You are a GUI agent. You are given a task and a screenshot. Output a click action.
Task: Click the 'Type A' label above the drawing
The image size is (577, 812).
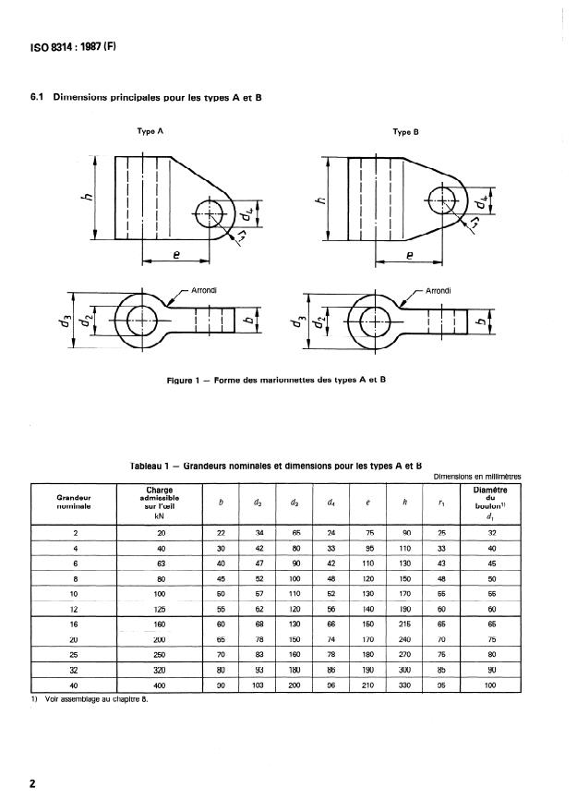coord(150,132)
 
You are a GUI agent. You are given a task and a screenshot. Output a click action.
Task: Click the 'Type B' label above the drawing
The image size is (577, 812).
coord(406,132)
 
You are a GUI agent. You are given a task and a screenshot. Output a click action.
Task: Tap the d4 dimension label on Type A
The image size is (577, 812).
coord(246,215)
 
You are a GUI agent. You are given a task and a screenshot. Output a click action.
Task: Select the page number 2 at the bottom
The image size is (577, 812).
coord(33,784)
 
